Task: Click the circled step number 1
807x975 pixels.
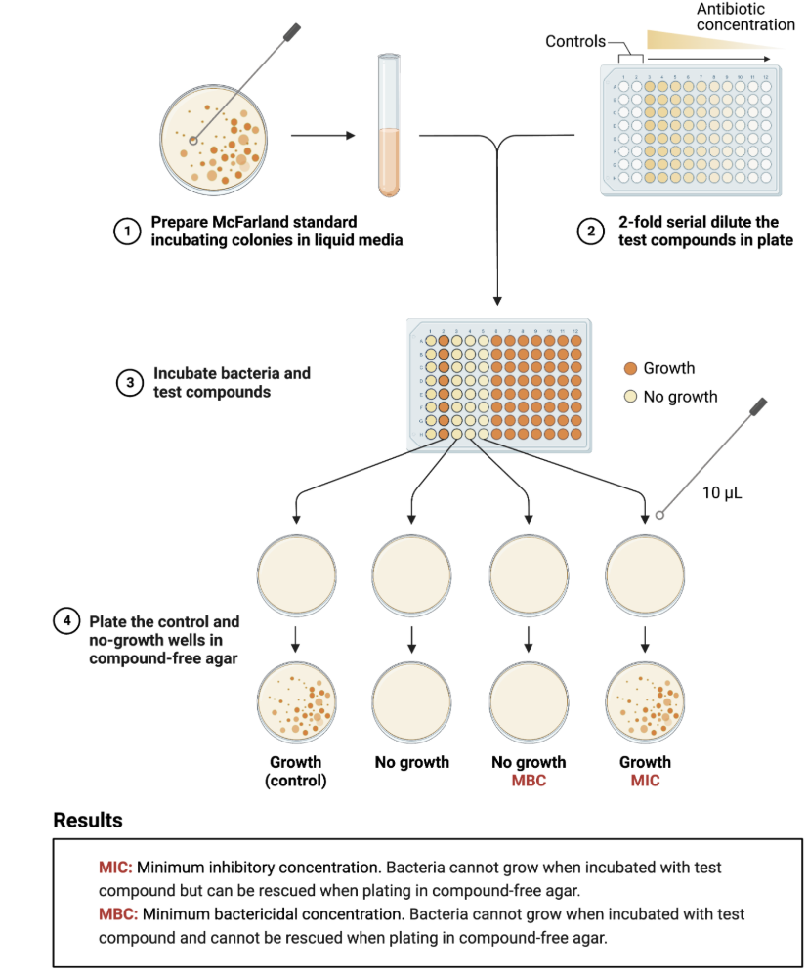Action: [x=125, y=232]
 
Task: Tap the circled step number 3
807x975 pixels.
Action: [x=130, y=383]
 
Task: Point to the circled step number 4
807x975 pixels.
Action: [x=65, y=621]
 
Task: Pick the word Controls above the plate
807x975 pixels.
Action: [x=575, y=41]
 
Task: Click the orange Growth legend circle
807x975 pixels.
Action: [x=630, y=368]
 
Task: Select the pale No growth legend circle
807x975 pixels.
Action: [x=630, y=397]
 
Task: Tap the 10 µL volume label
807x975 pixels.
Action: [x=722, y=492]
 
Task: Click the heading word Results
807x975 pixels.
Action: [x=88, y=820]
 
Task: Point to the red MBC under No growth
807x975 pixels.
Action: [x=529, y=780]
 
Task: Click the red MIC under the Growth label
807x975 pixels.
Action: [x=645, y=780]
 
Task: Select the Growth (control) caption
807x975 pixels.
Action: [x=297, y=771]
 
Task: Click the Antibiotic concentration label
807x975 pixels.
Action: [x=745, y=16]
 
